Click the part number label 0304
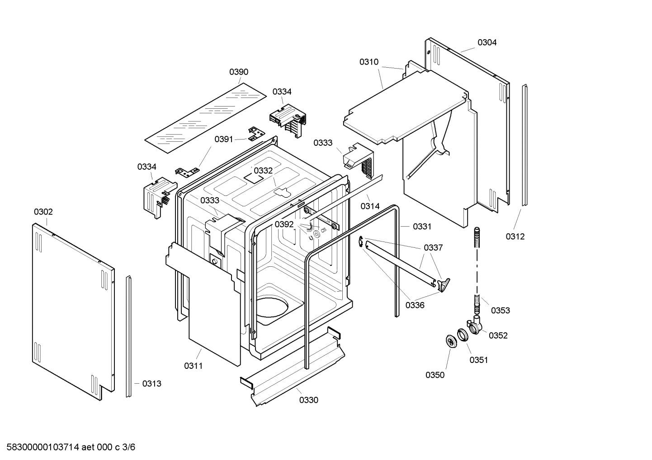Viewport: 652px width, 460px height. pyautogui.click(x=487, y=42)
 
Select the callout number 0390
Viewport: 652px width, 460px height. pyautogui.click(x=239, y=72)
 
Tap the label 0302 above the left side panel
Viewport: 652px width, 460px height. pyautogui.click(x=43, y=212)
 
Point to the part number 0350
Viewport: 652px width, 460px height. pyautogui.click(x=435, y=375)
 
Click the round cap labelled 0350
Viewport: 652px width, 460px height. pyautogui.click(x=450, y=342)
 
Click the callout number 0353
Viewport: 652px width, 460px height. pyautogui.click(x=501, y=310)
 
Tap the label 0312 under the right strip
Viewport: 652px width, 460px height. pyautogui.click(x=515, y=237)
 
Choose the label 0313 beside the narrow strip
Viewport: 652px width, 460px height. pyautogui.click(x=151, y=384)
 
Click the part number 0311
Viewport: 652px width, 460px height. pyautogui.click(x=193, y=366)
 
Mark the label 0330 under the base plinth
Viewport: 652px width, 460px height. pyautogui.click(x=309, y=400)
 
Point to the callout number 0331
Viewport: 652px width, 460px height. pyautogui.click(x=422, y=227)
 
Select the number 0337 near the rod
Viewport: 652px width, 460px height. pyautogui.click(x=433, y=247)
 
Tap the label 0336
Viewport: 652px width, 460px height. pyautogui.click(x=415, y=305)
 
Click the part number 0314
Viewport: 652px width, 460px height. pyautogui.click(x=370, y=206)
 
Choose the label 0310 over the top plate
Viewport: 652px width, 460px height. pyautogui.click(x=369, y=62)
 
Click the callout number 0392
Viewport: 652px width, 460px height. pyautogui.click(x=284, y=224)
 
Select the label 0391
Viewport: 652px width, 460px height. pyautogui.click(x=224, y=139)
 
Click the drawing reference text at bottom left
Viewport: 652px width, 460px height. pyautogui.click(x=68, y=447)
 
